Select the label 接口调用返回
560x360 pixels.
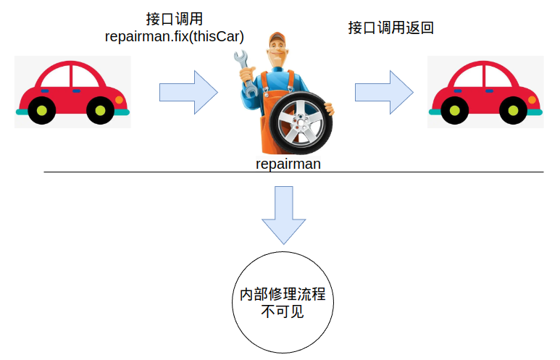pos(391,28)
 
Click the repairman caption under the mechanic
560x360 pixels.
pos(288,164)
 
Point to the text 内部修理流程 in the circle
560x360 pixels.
pos(283,296)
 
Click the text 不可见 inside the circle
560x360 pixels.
pos(283,313)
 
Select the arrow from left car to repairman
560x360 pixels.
pos(188,92)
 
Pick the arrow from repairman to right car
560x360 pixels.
pos(384,92)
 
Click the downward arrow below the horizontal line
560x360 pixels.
pos(283,214)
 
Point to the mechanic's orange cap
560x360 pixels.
pos(276,38)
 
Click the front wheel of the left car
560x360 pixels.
pos(99,111)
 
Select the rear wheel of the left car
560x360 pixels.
pos(42,111)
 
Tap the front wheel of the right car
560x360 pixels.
pos(512,111)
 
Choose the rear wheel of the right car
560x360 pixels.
pos(455,111)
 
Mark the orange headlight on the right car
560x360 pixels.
pos(532,99)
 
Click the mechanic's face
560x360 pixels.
pos(277,53)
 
